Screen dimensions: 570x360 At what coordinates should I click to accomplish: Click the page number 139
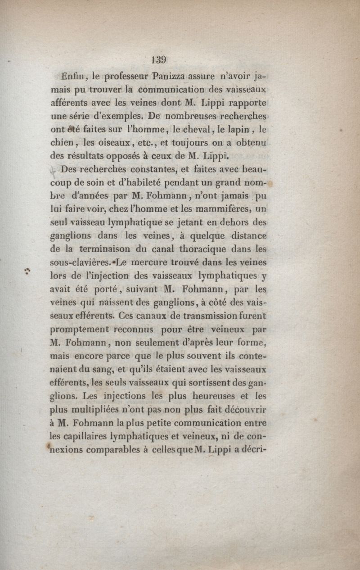tap(159, 60)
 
